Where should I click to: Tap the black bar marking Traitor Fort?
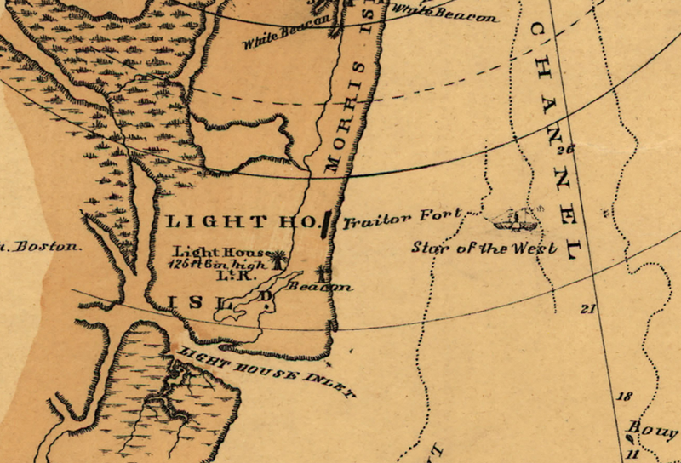(x=327, y=223)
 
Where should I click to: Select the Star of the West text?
(x=484, y=248)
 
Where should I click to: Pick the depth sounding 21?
(x=587, y=309)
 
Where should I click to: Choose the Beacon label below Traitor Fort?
(x=319, y=288)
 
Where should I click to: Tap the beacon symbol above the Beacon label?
(x=322, y=273)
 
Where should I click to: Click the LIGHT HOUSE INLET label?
(x=267, y=370)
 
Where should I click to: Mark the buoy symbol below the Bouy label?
(x=630, y=439)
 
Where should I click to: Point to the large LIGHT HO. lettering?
(x=237, y=222)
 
